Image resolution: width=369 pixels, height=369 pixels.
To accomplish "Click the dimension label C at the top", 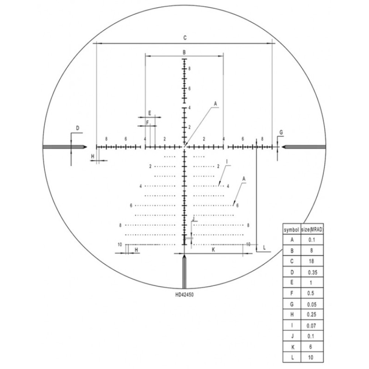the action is coord(185,38).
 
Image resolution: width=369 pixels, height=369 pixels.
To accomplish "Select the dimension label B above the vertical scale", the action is coord(184,52).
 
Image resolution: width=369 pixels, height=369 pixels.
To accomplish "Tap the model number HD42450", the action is coord(184,294).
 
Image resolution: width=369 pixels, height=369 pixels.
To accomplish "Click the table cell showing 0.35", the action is coord(312,273).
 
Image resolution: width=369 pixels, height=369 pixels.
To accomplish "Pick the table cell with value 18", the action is coord(311,261).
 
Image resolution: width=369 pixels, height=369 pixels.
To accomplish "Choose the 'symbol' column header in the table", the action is coord(292,230).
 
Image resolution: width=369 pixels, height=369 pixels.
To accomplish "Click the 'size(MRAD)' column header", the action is coord(312,230).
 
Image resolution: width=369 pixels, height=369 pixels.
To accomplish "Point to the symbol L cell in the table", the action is coord(292,358).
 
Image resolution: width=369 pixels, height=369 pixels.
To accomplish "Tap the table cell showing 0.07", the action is coord(311,326).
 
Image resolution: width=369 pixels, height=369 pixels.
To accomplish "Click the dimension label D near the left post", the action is coord(77,128).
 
